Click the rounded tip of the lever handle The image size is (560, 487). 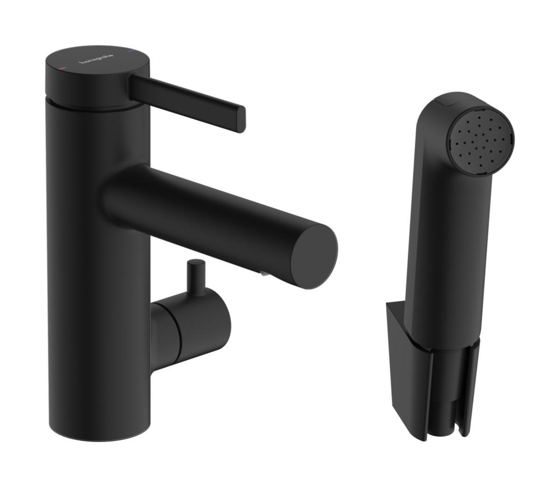point(241,119)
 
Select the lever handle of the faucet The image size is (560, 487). point(187,100)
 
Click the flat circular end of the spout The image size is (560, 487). point(314,252)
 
